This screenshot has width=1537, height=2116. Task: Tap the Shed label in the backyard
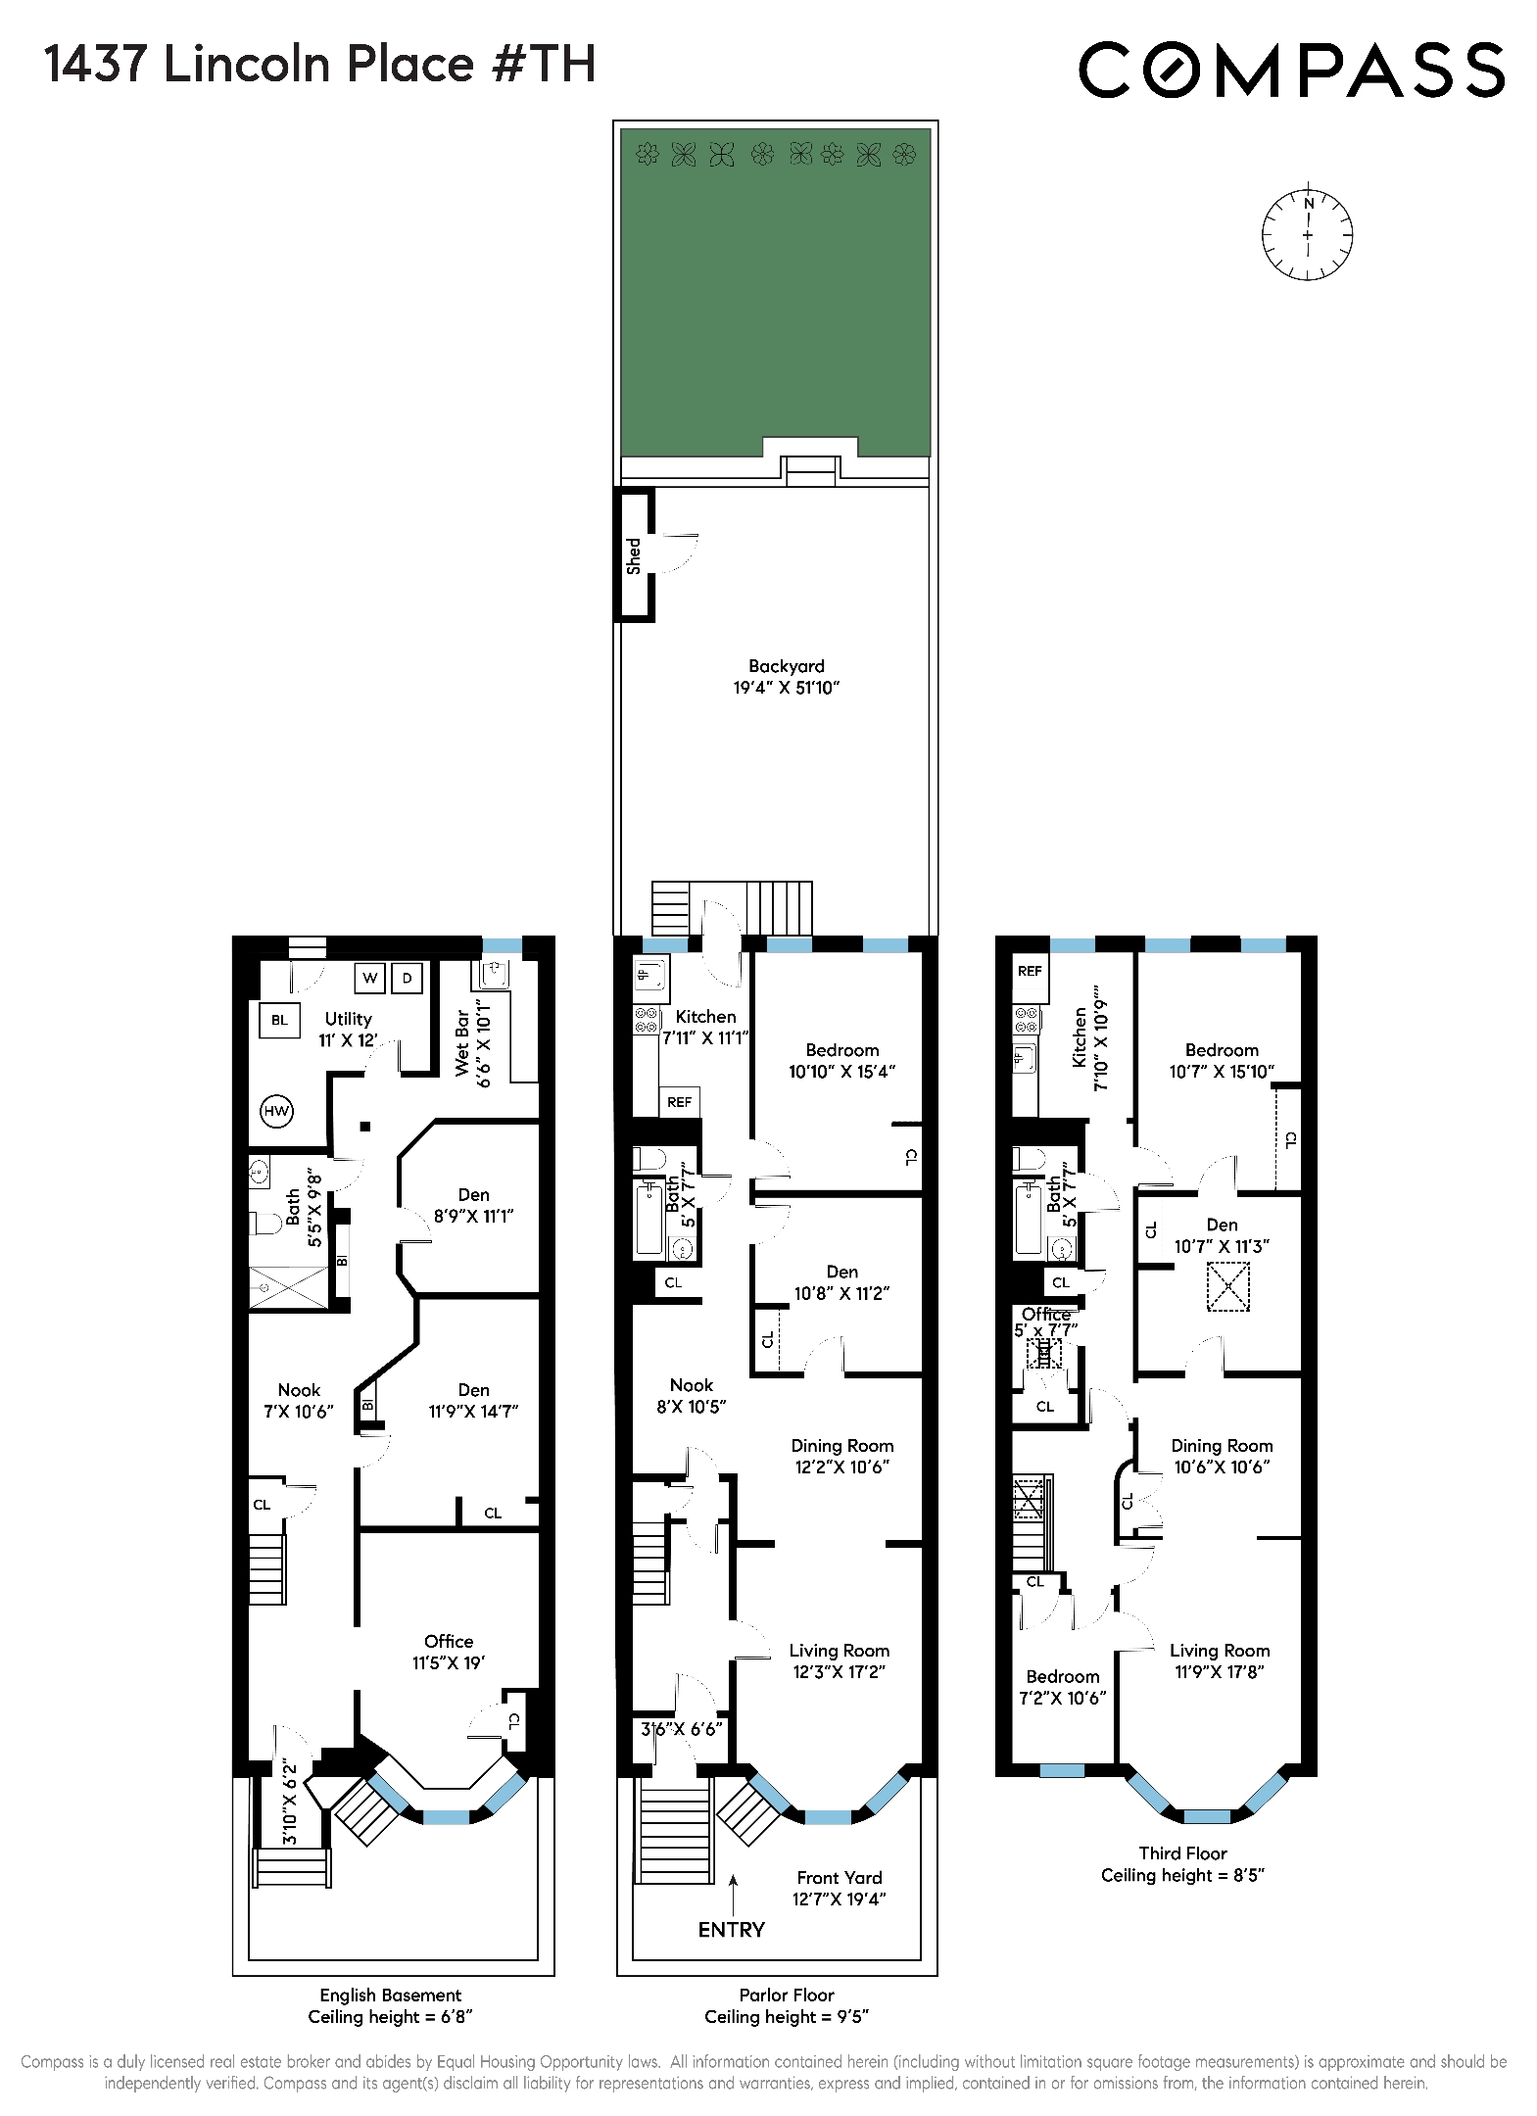[634, 555]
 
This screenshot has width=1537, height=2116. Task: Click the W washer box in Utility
[370, 978]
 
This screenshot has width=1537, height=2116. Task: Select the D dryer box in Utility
[407, 978]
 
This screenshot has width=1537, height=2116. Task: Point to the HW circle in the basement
[277, 1111]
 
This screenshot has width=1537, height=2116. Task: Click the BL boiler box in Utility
[279, 1020]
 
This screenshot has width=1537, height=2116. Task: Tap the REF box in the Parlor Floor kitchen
[679, 1102]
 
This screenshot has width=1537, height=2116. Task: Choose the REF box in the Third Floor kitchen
[1030, 971]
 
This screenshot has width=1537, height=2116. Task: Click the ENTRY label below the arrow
[731, 1929]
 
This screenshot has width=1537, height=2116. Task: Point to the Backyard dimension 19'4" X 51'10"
[787, 688]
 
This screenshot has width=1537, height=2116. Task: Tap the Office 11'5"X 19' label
[449, 1652]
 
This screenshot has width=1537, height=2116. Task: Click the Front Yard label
[839, 1877]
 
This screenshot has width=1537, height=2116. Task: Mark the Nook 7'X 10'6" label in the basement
[299, 1401]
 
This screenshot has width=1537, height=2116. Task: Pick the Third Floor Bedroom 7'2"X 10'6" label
[1062, 1686]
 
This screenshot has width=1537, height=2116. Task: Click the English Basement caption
[390, 1995]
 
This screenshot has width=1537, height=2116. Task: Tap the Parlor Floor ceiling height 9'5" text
[787, 2016]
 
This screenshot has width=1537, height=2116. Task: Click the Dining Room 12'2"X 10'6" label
[841, 1456]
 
